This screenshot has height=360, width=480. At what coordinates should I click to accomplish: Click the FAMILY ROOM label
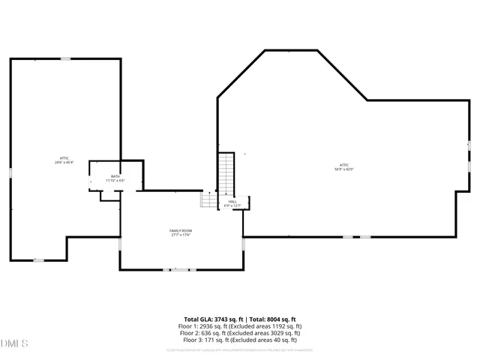[x=181, y=229]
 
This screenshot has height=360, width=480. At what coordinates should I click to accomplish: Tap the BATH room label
[x=115, y=176]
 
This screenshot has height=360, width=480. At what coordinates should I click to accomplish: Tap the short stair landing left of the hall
[x=208, y=200]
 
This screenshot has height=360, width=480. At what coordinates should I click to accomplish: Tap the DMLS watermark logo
[x=15, y=343]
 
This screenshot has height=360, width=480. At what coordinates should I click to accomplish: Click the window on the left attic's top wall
[x=66, y=58]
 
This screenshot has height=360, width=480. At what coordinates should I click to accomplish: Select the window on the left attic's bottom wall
[x=39, y=259]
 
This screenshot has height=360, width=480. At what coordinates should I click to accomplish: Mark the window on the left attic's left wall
[x=10, y=172]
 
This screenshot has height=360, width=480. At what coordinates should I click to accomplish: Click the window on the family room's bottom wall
[x=180, y=269]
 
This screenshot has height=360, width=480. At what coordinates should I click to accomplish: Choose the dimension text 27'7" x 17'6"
[x=181, y=235]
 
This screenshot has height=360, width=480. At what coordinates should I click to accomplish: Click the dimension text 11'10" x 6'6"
[x=115, y=181]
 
